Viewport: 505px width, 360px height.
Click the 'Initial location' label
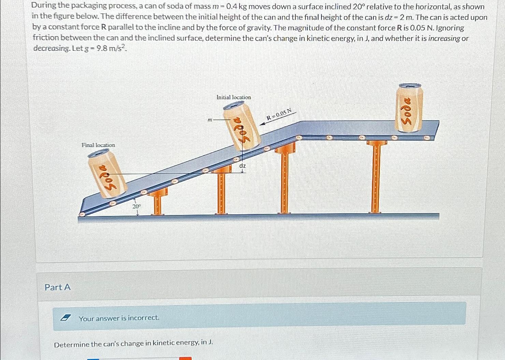click(x=233, y=97)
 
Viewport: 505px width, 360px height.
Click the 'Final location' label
click(x=98, y=145)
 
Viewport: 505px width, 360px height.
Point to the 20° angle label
click(x=136, y=206)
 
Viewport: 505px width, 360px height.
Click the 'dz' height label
click(x=242, y=165)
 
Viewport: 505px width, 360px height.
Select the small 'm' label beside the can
click(x=210, y=120)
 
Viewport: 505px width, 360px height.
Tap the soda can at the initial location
click(x=242, y=126)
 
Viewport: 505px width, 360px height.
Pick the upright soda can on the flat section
click(x=409, y=107)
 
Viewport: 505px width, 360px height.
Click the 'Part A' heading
click(x=58, y=287)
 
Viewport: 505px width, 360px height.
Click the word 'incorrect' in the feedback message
click(x=144, y=318)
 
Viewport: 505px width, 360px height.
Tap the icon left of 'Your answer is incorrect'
click(x=64, y=318)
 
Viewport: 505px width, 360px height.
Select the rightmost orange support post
click(x=376, y=177)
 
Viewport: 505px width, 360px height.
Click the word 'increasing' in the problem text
click(x=444, y=38)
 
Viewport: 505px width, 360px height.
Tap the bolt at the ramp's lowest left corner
click(x=82, y=214)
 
